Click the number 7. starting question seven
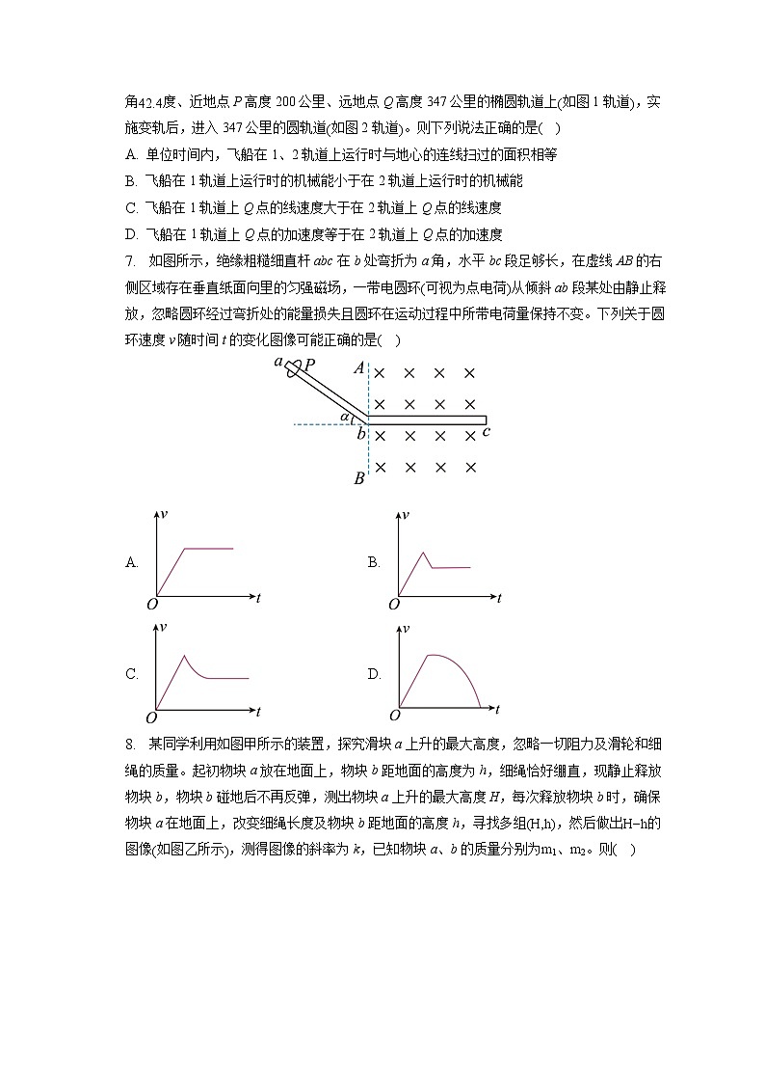coord(131,260)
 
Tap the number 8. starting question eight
coord(131,744)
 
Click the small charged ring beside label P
coord(294,367)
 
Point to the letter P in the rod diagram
coord(309,365)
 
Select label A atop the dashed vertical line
coord(358,367)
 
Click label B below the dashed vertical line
coord(358,478)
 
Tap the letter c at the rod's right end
coord(487,432)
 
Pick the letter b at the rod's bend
coord(360,433)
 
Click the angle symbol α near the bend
coord(346,417)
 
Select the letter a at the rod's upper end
coord(278,362)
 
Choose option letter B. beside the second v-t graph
coord(374,562)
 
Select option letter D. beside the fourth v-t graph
coord(374,674)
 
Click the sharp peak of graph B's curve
coord(424,552)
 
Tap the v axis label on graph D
coord(406,627)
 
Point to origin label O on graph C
coord(151,717)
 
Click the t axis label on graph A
coord(258,598)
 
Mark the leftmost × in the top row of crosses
coord(380,373)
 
